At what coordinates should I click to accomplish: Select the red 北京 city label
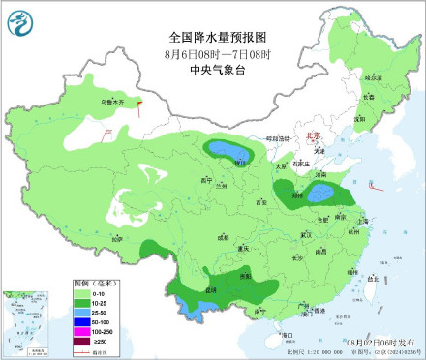coord(312,137)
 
